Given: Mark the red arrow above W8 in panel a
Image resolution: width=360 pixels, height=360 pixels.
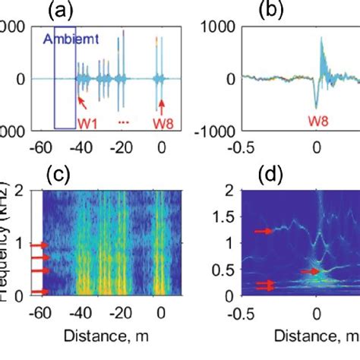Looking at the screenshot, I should [160, 99].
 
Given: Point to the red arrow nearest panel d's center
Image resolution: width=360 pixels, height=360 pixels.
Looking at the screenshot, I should [307, 270].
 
